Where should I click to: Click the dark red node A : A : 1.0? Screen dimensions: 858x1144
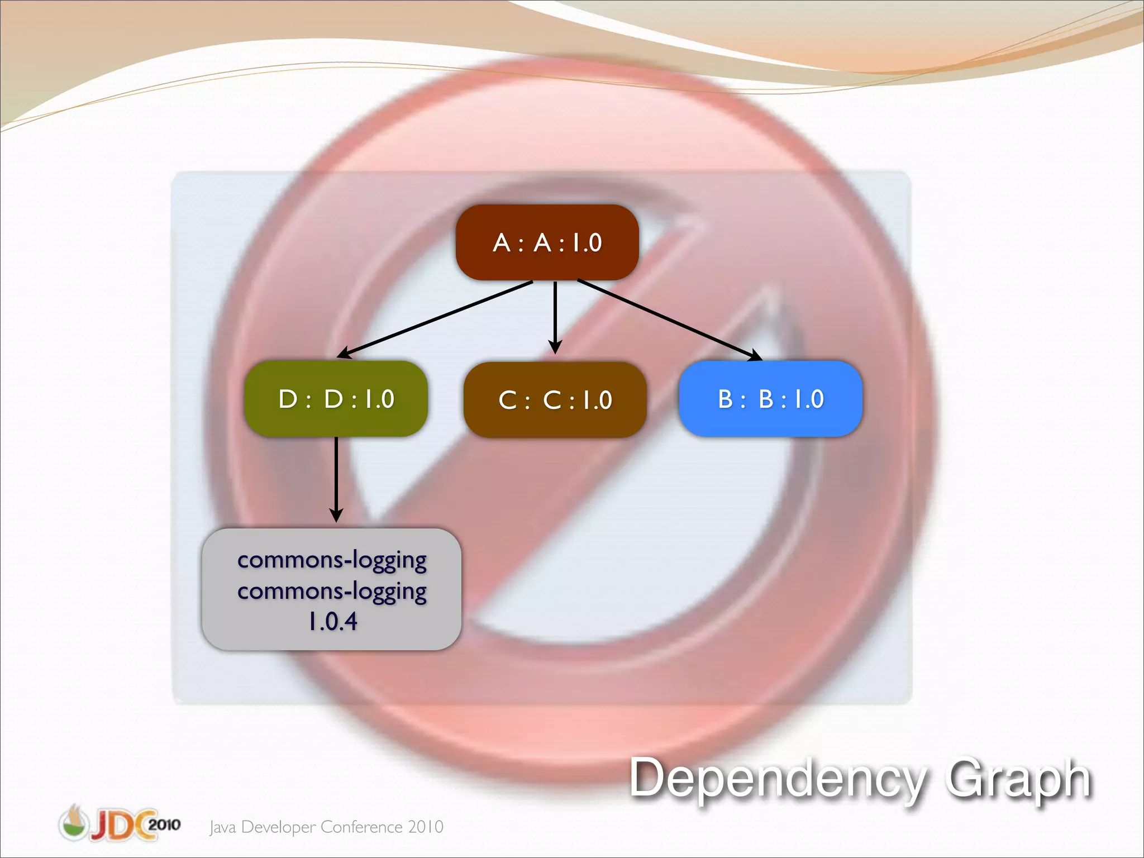click(x=547, y=242)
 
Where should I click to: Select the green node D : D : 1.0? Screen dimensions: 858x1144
click(x=336, y=399)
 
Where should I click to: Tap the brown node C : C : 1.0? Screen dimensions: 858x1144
click(x=555, y=400)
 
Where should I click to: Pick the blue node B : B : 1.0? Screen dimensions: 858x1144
click(x=770, y=399)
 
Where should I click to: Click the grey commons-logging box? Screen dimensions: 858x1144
click(x=331, y=589)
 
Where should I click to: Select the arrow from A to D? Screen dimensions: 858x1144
click(x=436, y=319)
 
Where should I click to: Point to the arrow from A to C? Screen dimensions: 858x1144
click(x=555, y=316)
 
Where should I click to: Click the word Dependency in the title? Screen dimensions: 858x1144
click(x=777, y=779)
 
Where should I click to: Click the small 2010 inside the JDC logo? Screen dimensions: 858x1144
click(x=164, y=824)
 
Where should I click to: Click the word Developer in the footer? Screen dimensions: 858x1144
click(x=278, y=827)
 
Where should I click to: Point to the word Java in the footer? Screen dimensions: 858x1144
click(x=223, y=827)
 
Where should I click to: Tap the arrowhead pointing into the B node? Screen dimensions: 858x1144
click(x=755, y=355)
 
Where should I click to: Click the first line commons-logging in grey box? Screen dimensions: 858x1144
click(x=332, y=559)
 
